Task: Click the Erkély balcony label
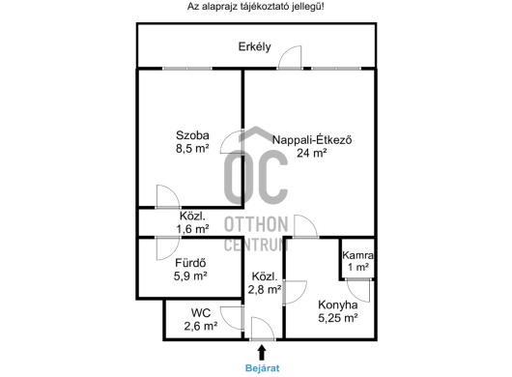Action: pos(254,46)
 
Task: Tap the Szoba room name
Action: pos(192,135)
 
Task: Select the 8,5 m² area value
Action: pos(192,149)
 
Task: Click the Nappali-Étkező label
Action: pos(312,140)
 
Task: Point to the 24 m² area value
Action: pos(312,153)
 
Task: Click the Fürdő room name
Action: pos(190,263)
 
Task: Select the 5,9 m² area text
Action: pos(190,276)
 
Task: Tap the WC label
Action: pos(201,312)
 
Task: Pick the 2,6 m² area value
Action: pos(201,326)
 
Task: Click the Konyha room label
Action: pos(338,304)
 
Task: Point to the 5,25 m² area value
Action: pos(338,318)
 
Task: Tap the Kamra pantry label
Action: pos(357,255)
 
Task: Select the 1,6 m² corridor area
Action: pos(192,229)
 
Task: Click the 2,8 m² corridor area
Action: pos(265,289)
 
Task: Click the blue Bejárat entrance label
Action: pos(262,368)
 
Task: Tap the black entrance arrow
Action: pos(262,353)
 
